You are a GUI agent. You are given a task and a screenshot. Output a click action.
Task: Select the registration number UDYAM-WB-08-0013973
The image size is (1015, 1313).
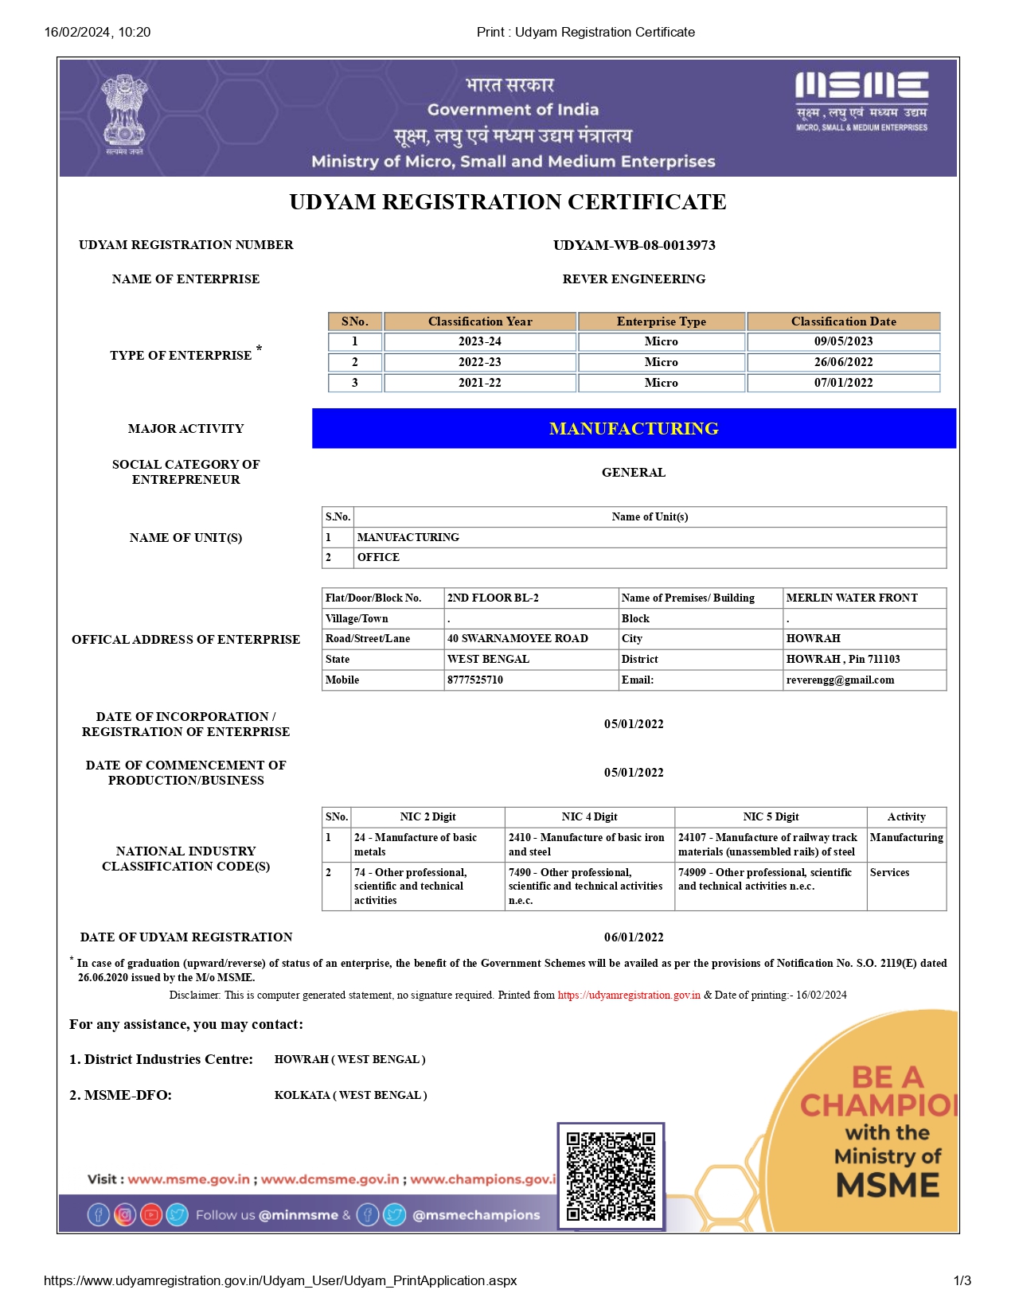pyautogui.click(x=634, y=245)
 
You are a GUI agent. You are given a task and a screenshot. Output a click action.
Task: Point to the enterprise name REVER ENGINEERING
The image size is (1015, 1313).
pyautogui.click(x=634, y=279)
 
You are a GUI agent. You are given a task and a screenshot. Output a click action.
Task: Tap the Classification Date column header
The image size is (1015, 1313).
pyautogui.click(x=843, y=321)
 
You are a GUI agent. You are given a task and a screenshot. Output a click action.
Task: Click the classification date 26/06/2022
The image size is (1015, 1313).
pyautogui.click(x=843, y=362)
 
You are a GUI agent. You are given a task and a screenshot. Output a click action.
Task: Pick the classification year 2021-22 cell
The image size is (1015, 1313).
pyautogui.click(x=479, y=383)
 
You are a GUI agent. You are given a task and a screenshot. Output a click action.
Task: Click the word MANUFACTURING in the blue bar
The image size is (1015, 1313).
pyautogui.click(x=634, y=429)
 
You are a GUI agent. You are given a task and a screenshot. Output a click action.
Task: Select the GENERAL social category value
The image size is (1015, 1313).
pyautogui.click(x=634, y=473)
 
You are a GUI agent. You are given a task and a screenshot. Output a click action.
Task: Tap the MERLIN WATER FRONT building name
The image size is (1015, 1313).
pyautogui.click(x=851, y=598)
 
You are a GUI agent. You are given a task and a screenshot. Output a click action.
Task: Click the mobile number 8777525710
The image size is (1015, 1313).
pyautogui.click(x=475, y=680)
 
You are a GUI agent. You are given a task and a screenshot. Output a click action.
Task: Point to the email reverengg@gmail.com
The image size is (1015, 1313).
pyautogui.click(x=840, y=680)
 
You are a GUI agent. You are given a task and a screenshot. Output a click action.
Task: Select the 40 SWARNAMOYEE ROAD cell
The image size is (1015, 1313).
pyautogui.click(x=517, y=639)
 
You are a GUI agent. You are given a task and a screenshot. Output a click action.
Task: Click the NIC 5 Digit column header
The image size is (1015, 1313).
pyautogui.click(x=771, y=817)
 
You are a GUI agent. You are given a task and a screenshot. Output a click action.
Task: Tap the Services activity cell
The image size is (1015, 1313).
pyautogui.click(x=889, y=873)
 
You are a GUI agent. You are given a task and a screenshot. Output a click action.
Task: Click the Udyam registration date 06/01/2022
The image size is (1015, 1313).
pyautogui.click(x=634, y=937)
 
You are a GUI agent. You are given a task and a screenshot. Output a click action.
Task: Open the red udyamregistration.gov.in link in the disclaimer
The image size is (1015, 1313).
pyautogui.click(x=629, y=995)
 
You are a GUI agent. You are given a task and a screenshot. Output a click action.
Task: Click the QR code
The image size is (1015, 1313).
pyautogui.click(x=611, y=1176)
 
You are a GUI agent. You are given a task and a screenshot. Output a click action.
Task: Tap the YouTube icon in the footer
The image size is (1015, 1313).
pyautogui.click(x=151, y=1215)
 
